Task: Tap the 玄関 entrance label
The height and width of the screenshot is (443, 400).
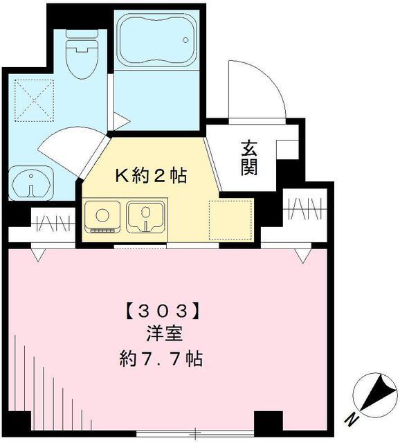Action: click(250, 157)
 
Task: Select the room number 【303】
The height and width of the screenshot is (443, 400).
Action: click(164, 310)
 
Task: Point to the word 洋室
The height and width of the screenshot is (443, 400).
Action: click(164, 335)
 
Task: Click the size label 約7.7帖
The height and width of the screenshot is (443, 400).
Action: click(164, 360)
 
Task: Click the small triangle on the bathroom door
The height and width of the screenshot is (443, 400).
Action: click(120, 122)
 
